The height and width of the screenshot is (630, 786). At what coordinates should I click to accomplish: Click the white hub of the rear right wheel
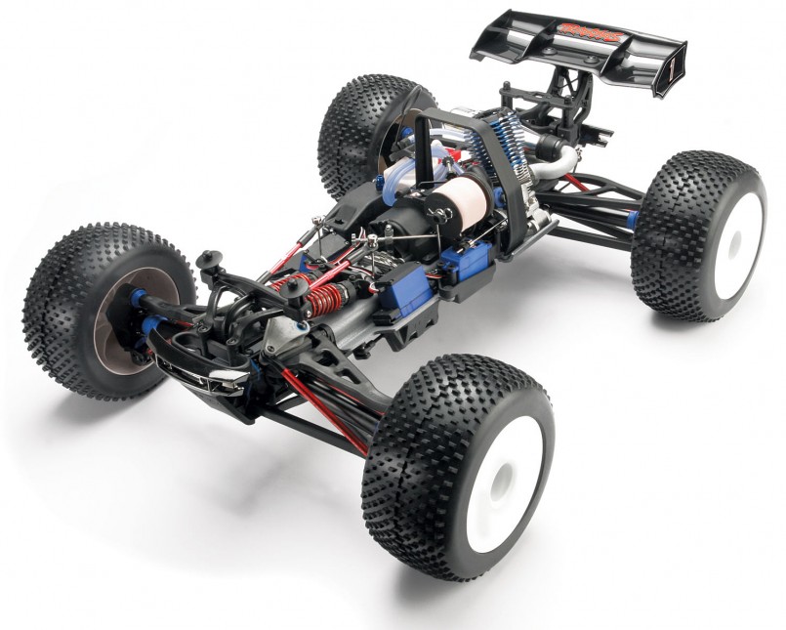click(740, 244)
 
